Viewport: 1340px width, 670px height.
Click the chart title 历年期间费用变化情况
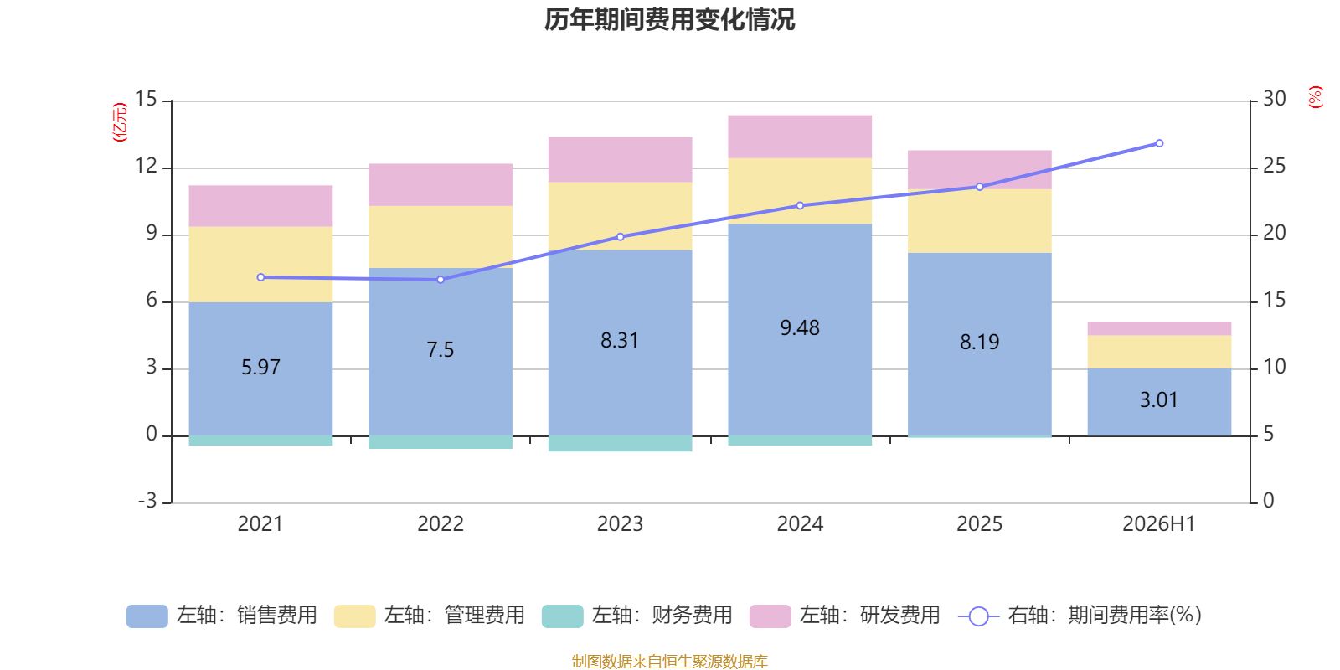(669, 20)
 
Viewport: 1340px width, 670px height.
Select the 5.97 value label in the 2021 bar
(260, 367)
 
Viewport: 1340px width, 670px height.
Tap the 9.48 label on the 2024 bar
(800, 327)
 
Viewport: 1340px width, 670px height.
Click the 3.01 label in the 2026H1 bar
(1159, 399)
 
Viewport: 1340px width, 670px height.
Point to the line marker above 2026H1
(1159, 143)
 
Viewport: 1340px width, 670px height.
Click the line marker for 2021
(260, 277)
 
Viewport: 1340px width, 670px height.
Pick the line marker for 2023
(621, 237)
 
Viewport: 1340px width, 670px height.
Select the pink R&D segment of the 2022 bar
(441, 185)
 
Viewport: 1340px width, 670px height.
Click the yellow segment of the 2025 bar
(980, 221)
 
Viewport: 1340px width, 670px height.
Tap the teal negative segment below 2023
(621, 443)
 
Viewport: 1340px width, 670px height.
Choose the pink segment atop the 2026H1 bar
(1159, 328)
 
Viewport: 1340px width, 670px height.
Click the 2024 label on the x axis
(800, 524)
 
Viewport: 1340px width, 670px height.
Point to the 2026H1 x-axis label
(1159, 524)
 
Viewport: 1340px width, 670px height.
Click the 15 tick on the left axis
(146, 99)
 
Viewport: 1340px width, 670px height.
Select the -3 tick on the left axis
(147, 501)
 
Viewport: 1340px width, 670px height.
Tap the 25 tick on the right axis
(1274, 166)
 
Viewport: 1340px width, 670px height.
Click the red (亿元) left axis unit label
(121, 122)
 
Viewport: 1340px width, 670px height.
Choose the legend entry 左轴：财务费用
(637, 616)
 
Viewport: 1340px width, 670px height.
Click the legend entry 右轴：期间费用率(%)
(1080, 616)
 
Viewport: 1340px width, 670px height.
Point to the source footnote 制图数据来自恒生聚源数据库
(669, 661)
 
